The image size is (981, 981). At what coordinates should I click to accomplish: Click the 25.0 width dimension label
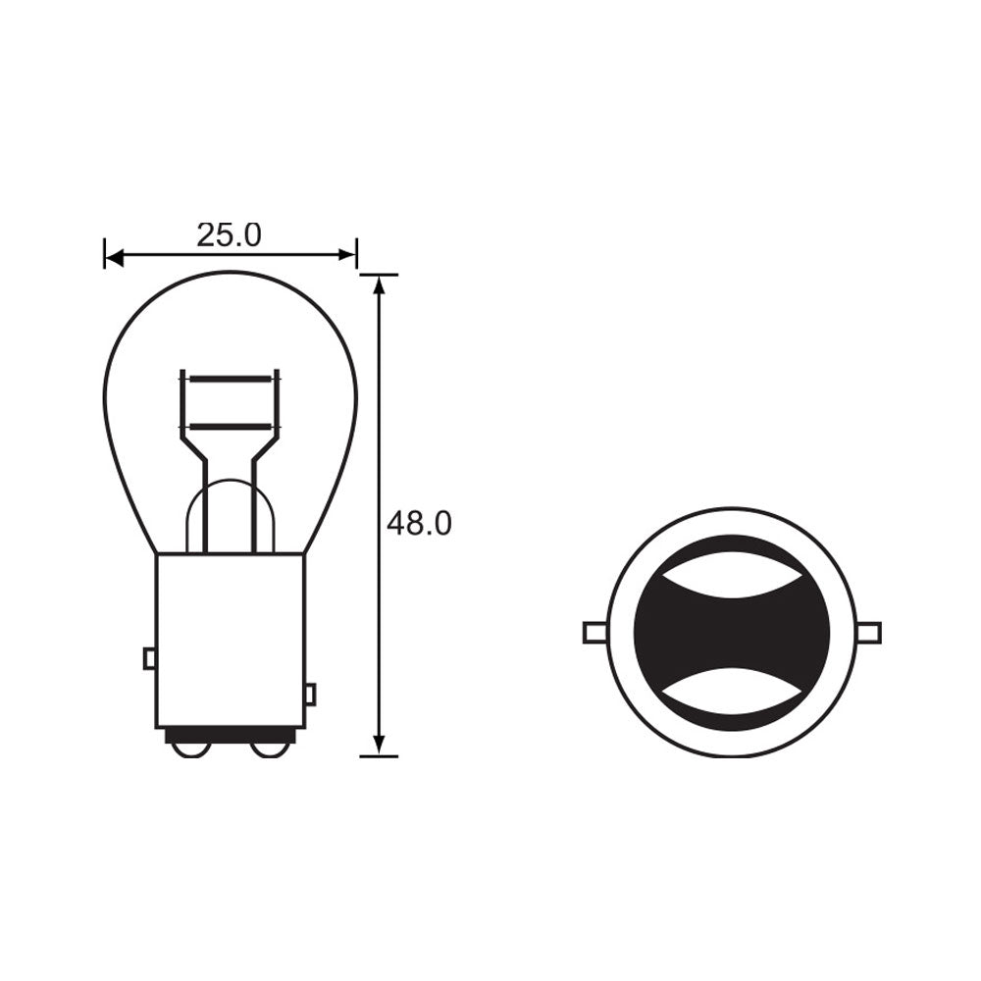tap(229, 235)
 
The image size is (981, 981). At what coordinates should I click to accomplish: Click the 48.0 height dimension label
tap(419, 524)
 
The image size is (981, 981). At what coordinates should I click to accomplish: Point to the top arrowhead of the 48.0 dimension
tap(379, 284)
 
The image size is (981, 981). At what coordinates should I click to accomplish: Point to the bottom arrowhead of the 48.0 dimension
tap(379, 746)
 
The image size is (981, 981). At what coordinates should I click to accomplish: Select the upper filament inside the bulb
tap(230, 378)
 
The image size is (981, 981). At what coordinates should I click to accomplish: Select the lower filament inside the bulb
tap(230, 426)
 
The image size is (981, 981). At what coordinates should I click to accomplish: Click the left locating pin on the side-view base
tap(149, 658)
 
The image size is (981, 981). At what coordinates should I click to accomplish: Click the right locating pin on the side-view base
tap(310, 695)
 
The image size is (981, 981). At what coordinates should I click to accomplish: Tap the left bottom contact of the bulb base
tap(189, 749)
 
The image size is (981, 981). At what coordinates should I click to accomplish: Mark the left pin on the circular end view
tap(594, 633)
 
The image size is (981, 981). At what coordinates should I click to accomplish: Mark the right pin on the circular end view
tap(869, 633)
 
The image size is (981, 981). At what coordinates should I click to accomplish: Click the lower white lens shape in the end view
tap(732, 689)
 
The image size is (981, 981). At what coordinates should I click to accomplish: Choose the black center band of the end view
tap(732, 633)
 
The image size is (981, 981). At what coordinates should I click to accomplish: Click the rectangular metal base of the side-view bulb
tap(230, 638)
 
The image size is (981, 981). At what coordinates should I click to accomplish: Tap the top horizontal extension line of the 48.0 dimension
tap(380, 275)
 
